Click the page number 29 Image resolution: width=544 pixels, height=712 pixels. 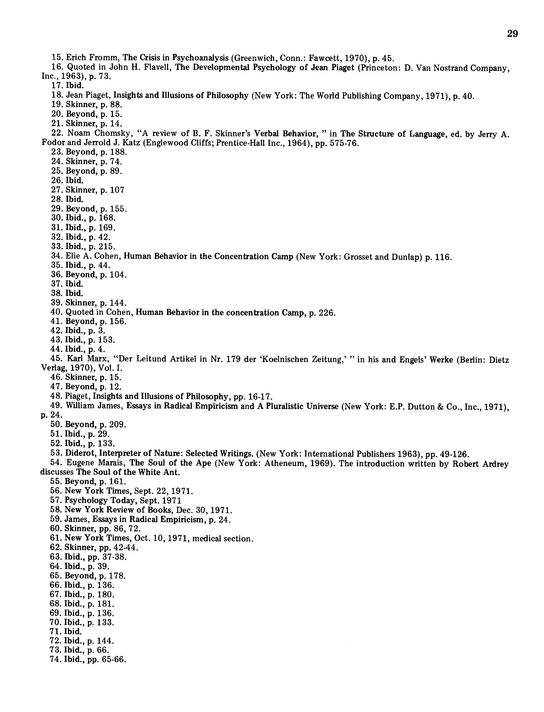point(512,34)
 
